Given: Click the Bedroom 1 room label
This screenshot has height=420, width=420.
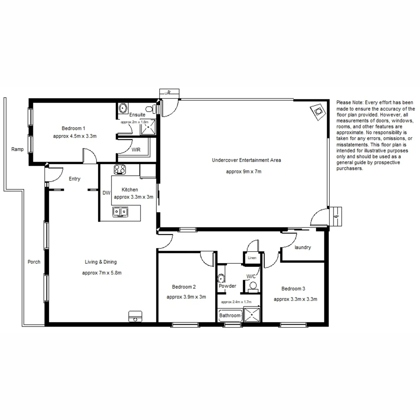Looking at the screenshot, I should tap(73, 128).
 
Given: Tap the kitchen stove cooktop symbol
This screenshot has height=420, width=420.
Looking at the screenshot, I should tap(119, 170).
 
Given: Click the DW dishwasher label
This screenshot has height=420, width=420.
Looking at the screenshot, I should tap(106, 192).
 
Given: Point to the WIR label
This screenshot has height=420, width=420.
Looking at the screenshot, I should tap(136, 150).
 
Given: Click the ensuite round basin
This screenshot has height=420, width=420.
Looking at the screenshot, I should tap(123, 108).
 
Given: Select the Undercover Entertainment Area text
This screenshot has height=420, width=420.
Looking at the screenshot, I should tap(246, 160).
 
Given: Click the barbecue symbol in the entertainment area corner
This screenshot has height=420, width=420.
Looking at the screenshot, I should tap(318, 112).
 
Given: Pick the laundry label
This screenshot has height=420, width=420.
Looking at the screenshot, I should tap(303, 247).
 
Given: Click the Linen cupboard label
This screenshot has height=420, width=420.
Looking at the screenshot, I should tap(252, 258).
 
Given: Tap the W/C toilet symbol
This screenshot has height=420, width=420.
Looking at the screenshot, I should tap(253, 286).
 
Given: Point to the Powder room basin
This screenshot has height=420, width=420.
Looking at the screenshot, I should tap(221, 278).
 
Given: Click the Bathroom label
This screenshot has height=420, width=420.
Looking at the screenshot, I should tap(230, 315).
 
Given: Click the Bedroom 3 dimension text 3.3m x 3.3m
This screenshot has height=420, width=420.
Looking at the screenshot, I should tap(296, 299).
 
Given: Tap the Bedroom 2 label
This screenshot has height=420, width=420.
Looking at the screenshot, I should tap(184, 287).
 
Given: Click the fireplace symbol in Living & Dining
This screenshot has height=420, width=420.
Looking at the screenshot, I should tap(135, 316).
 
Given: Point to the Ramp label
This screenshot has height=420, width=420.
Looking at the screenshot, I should tap(17, 149).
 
